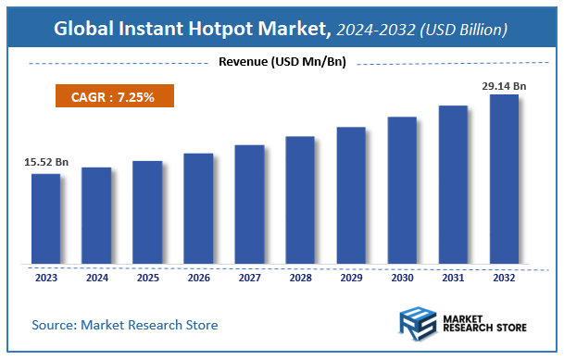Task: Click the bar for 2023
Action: [x=45, y=218]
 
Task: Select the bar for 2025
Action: [x=147, y=212]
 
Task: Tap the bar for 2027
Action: [x=249, y=204]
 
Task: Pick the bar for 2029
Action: [x=351, y=195]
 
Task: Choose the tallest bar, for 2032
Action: [x=504, y=179]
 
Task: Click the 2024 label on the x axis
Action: [x=96, y=276]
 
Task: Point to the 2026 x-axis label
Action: [x=198, y=276]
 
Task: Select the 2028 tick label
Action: [x=300, y=276]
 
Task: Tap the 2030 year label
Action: [x=402, y=276]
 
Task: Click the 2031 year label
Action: [x=453, y=276]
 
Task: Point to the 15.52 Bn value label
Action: [x=46, y=162]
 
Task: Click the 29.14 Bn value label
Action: [x=504, y=85]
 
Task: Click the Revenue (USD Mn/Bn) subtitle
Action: [x=282, y=62]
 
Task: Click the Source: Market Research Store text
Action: [x=125, y=325]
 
